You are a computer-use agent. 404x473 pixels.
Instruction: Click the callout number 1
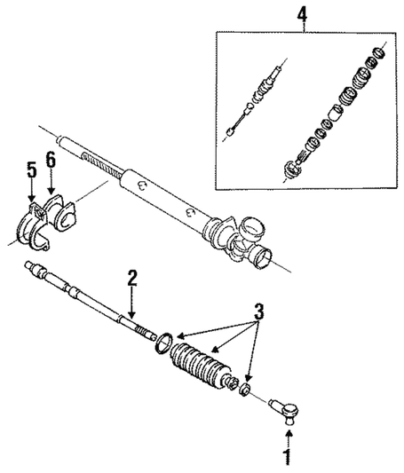click(x=287, y=458)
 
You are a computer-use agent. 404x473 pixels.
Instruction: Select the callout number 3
click(x=258, y=311)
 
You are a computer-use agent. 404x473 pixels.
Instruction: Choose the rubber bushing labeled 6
click(x=62, y=217)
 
